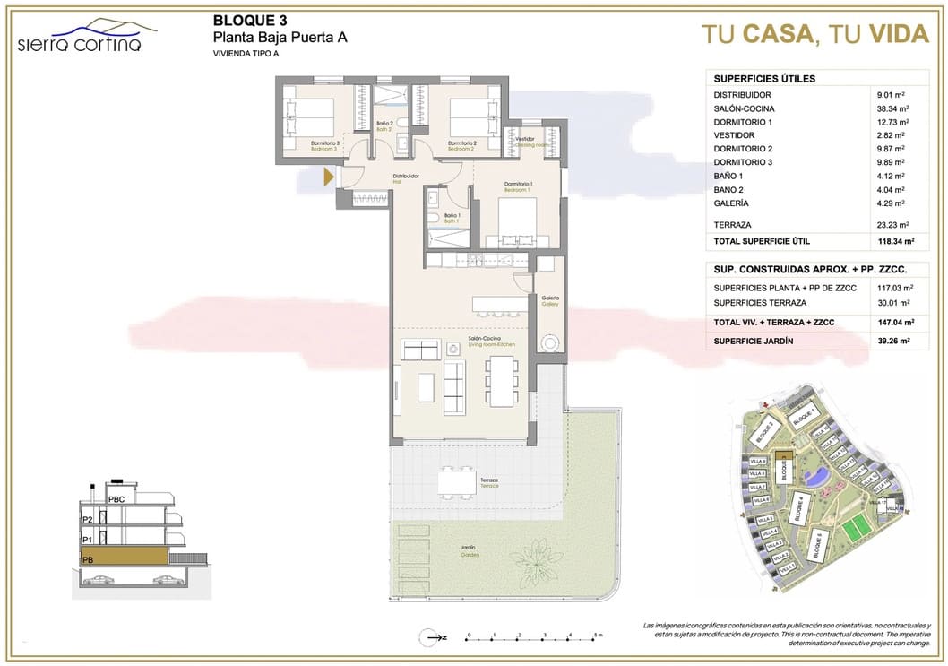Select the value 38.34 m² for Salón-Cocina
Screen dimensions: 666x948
(893, 108)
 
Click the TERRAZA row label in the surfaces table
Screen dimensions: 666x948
(732, 225)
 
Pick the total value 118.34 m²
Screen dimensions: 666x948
(895, 241)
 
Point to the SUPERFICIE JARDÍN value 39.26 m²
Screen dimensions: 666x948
(893, 341)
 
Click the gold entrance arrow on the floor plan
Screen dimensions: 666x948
(329, 177)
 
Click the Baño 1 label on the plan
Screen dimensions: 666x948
(452, 217)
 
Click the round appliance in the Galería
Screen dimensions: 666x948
(549, 342)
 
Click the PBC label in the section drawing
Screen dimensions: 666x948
(116, 499)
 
